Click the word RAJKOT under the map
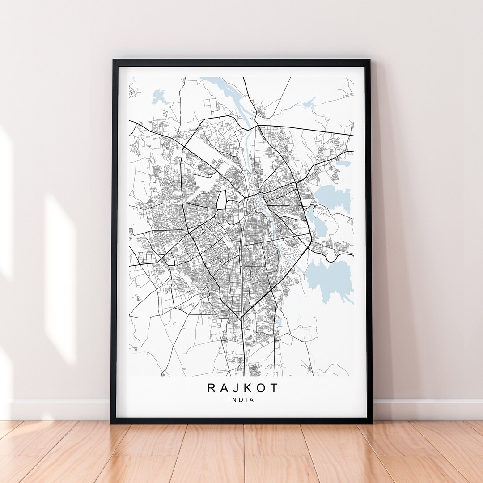pyautogui.click(x=242, y=387)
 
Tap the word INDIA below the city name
pyautogui.click(x=241, y=400)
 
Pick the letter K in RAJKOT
pyautogui.click(x=247, y=387)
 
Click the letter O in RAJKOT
pyautogui.click(x=260, y=387)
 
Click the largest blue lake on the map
pyautogui.click(x=330, y=278)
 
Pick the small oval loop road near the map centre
pyautogui.click(x=221, y=200)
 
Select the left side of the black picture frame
pyautogui.click(x=114, y=241)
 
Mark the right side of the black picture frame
pyautogui.click(x=369, y=241)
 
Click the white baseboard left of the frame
pyautogui.click(x=58, y=410)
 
